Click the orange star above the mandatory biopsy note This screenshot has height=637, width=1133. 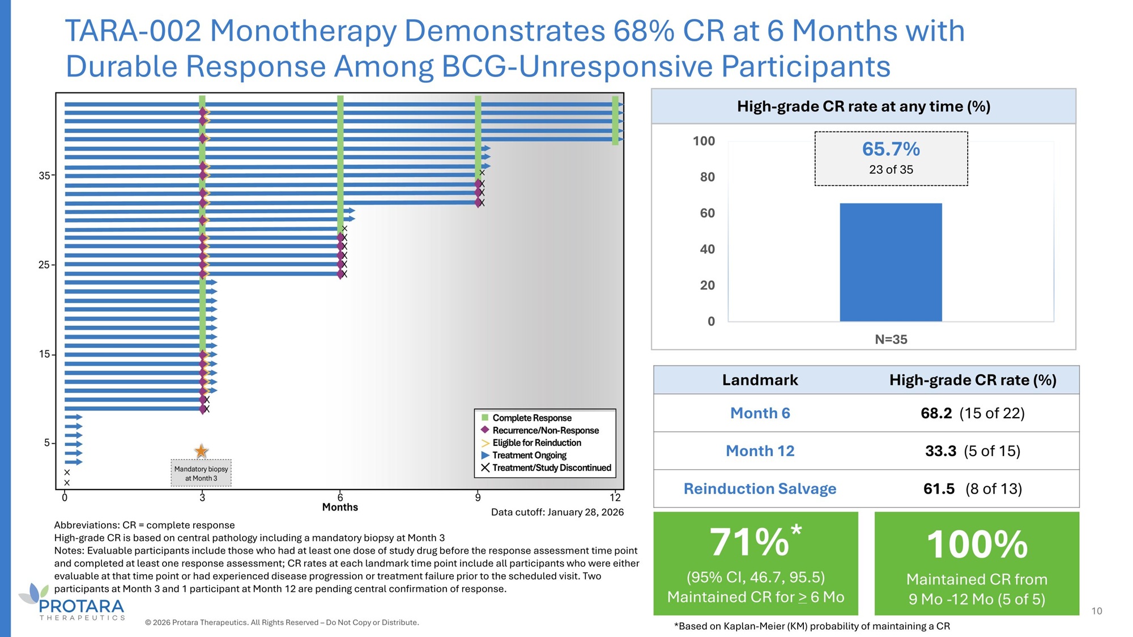201,451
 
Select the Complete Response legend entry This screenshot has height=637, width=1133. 531,418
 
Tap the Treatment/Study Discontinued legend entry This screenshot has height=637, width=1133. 551,468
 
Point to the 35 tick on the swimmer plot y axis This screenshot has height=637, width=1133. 45,176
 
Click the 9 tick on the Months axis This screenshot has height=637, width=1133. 478,498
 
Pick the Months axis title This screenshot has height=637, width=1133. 340,507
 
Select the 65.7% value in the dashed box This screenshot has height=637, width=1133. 891,149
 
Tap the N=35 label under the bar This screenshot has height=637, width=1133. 891,339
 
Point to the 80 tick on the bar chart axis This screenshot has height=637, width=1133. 707,177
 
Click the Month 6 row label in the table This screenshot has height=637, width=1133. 760,413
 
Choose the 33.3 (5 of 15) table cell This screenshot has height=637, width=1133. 972,451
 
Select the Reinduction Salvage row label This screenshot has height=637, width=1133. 760,489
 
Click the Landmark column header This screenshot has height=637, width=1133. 760,380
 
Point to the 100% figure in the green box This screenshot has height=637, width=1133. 977,544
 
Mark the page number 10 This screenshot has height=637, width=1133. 1097,611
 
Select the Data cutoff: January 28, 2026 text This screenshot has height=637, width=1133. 557,512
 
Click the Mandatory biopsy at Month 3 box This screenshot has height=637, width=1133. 201,473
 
